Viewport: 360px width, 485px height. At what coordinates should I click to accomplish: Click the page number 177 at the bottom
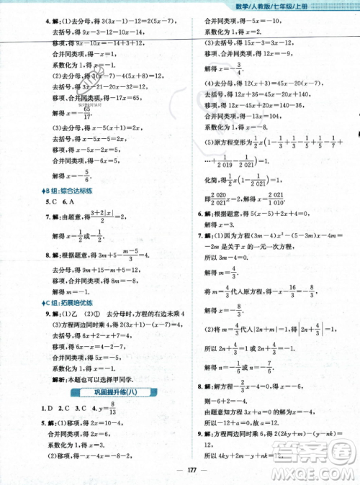click(x=180, y=469)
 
